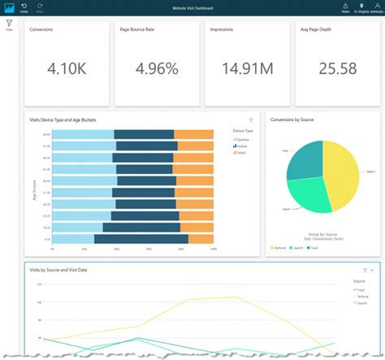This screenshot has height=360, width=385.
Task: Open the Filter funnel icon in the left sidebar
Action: (x=9, y=24)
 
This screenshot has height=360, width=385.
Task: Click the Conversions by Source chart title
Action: (x=292, y=119)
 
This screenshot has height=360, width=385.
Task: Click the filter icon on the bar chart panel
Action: (x=251, y=119)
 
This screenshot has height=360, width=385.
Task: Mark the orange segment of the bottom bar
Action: (x=201, y=240)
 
